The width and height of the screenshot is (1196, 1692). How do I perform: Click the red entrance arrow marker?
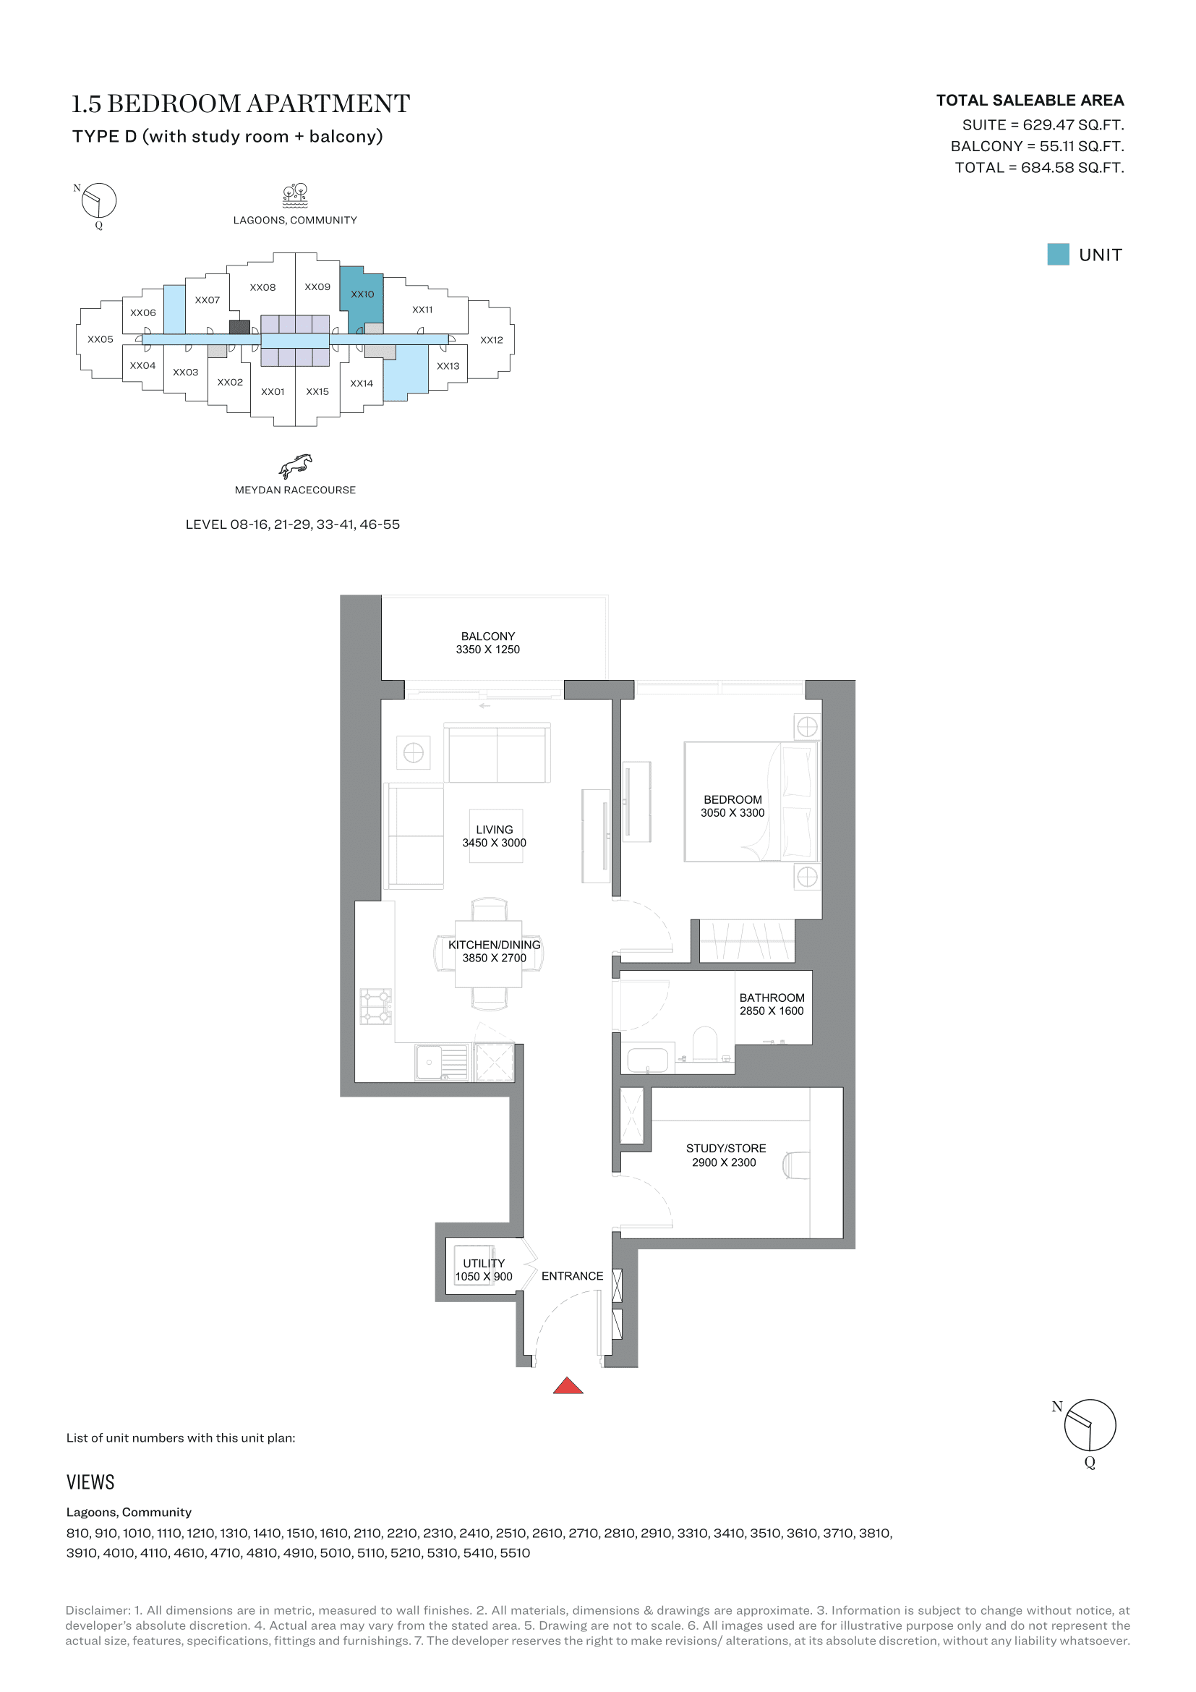568,1385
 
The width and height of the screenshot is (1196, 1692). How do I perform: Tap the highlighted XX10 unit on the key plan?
362,294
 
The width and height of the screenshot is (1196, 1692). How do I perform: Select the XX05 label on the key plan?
101,340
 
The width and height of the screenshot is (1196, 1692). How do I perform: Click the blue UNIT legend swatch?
1059,254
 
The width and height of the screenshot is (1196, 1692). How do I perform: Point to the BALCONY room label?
487,636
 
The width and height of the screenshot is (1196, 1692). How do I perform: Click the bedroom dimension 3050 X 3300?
732,813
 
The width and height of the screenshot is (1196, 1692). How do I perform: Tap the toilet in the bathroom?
705,1044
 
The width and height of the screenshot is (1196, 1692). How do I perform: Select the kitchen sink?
442,1062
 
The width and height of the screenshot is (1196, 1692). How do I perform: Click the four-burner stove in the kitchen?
375,1006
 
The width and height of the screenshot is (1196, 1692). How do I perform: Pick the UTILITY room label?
484,1263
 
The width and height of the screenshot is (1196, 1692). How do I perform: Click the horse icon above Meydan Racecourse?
295,466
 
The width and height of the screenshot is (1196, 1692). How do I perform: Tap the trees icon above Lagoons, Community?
295,195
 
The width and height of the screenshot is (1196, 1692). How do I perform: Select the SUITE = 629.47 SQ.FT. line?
1043,125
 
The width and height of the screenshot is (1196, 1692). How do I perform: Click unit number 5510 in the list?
515,1552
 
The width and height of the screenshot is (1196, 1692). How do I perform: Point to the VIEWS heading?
90,1482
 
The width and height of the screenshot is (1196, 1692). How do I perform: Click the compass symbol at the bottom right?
1089,1425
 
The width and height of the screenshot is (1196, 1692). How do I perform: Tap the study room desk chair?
796,1165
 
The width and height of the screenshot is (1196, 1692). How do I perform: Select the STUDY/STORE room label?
725,1148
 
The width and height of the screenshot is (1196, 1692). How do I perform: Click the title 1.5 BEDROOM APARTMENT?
240,104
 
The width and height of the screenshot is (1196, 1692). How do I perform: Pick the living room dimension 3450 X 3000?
494,843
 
